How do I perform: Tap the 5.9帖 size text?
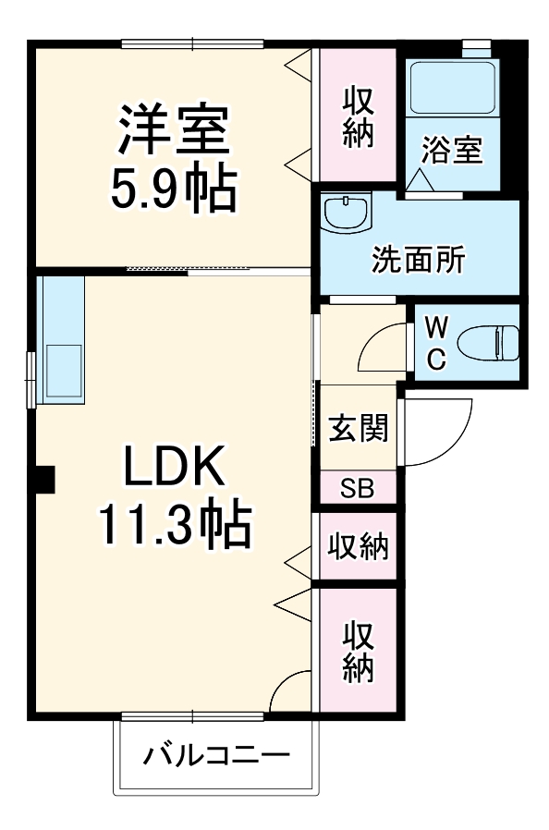pos(172,189)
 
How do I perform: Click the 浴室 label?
pos(452,151)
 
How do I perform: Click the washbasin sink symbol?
pos(347,214)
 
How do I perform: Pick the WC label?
pos(437,341)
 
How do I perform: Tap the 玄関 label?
pos(359,429)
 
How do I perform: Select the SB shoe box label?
pos(357,489)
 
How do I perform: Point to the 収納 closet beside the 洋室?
pos(358,116)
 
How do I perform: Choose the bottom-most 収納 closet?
pos(359,651)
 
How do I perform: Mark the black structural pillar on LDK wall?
pos(43,478)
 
